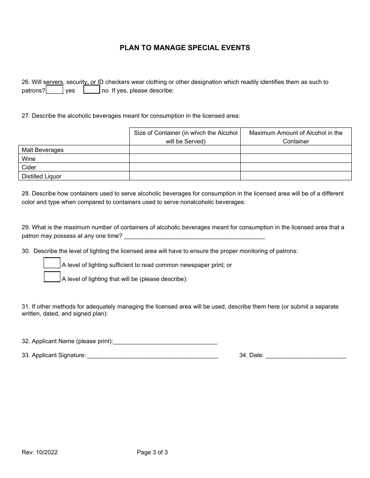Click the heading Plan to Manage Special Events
pos(185,48)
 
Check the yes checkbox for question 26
pos(55,90)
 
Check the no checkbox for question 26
pos(92,90)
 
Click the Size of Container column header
pos(185,137)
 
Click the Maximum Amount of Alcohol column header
pos(296,137)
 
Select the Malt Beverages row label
pos(43,150)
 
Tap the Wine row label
pos(29,159)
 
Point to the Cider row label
pos(29,167)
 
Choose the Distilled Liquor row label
pos(42,176)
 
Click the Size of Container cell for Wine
pos(185,159)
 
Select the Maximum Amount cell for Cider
pos(296,167)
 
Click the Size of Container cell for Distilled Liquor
pos(185,176)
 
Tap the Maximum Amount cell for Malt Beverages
pos(296,150)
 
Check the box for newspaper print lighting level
pos(52,263)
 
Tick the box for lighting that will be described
pos(52,277)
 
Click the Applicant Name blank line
pos(165,341)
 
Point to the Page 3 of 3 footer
pos(152,452)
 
